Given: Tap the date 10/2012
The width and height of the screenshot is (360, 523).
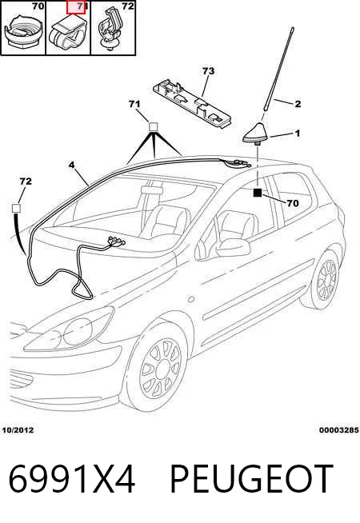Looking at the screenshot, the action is (x=18, y=430).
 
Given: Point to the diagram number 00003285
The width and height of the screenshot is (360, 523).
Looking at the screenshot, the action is (x=338, y=430).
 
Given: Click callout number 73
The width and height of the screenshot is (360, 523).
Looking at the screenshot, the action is (x=208, y=71).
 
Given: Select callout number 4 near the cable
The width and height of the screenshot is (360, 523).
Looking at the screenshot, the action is (x=72, y=165).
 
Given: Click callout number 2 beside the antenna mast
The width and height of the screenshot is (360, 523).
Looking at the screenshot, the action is (x=298, y=104).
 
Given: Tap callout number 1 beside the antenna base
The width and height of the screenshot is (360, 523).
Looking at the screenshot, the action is (x=298, y=134).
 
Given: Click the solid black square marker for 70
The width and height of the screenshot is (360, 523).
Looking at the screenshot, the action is (x=258, y=193).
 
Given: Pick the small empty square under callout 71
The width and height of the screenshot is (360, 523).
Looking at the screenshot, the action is (x=153, y=126).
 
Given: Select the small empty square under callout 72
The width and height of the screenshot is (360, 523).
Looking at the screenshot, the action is (x=16, y=209).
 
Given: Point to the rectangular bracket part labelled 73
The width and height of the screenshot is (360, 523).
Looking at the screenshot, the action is (x=193, y=102).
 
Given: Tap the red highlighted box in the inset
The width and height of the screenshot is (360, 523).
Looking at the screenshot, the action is (x=76, y=7).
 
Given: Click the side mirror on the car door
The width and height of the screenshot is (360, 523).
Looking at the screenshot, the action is (x=233, y=247).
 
